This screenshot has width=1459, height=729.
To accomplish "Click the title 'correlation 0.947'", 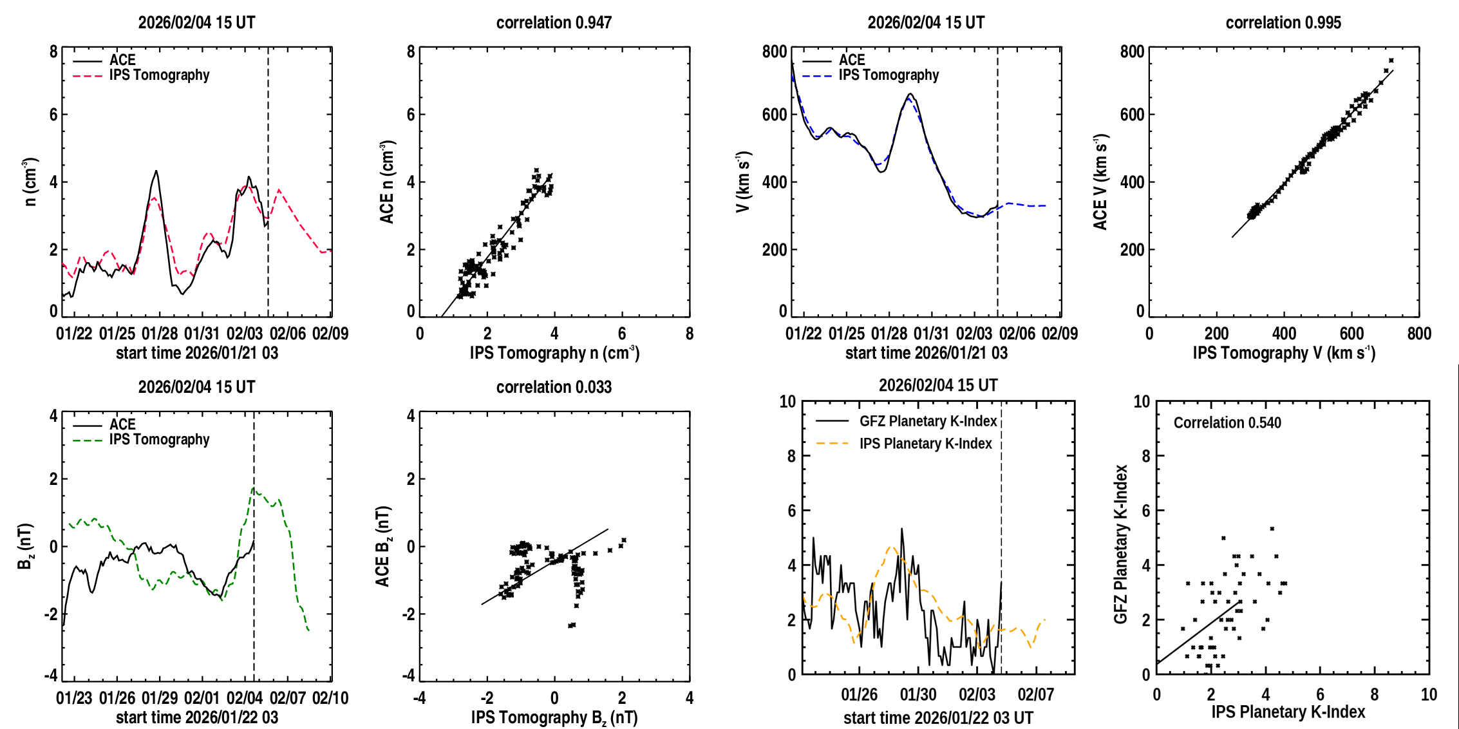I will [x=554, y=23].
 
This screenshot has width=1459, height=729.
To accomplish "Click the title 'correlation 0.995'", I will [x=1283, y=23].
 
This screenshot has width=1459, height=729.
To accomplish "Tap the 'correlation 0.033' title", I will [x=554, y=387].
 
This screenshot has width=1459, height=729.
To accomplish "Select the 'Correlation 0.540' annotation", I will [x=1227, y=422].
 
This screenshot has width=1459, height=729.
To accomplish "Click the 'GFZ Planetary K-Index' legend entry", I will [x=928, y=421].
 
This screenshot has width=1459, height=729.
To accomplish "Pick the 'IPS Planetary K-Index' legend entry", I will [x=925, y=444].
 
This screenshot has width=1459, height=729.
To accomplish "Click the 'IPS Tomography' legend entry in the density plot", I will [x=159, y=75].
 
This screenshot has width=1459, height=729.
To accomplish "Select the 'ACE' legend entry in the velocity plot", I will [x=852, y=60].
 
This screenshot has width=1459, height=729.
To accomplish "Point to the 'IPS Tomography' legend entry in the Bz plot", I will [x=159, y=440].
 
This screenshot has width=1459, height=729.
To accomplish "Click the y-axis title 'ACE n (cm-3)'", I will [x=386, y=182].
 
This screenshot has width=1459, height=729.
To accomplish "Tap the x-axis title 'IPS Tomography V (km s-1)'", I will [x=1284, y=353].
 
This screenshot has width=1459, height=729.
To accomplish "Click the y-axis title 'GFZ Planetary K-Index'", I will [x=1121, y=544].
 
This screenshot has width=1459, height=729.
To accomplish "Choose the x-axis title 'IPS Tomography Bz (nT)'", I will [x=554, y=717].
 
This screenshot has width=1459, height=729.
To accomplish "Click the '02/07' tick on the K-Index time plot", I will [x=1035, y=695].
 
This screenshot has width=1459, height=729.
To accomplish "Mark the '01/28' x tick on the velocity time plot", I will [x=889, y=334].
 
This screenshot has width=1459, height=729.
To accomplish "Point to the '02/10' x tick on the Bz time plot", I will [x=330, y=698].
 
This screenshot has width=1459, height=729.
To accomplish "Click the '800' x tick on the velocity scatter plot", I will [x=1419, y=334].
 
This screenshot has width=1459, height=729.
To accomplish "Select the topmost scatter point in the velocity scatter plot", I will [x=1391, y=61].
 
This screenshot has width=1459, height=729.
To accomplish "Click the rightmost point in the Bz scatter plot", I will [x=624, y=540].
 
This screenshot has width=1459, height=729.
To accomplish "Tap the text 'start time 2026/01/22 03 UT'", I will [x=938, y=717].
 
